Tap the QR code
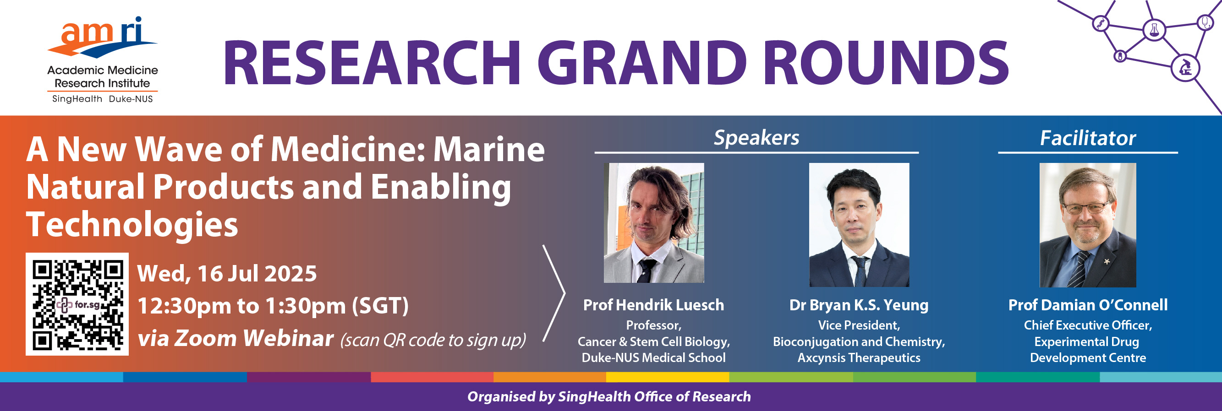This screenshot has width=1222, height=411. pos(77,304)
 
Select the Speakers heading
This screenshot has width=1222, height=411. pos(756,138)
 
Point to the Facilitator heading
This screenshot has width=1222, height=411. pos(1088,138)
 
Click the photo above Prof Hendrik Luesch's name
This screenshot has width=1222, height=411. pos(654,223)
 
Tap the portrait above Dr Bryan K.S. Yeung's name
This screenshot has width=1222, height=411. pos(859,225)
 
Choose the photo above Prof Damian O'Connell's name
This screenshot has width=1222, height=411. pos(1088,225)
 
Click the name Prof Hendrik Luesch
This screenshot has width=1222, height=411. pos(654,305)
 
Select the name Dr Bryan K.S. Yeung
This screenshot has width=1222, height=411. pos(859,305)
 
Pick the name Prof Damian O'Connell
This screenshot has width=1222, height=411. pos(1088,305)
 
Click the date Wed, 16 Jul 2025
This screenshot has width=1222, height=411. pos(227,274)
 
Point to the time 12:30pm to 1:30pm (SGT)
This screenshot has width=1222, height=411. pos(273,306)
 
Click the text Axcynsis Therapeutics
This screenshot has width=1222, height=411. pos(859,358)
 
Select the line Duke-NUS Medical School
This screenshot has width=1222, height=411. pos(654,358)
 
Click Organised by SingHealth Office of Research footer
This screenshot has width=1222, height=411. pos(609,396)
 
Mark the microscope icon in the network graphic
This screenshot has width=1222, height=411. pos(1185,68)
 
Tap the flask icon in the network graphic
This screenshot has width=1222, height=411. pos(1154,30)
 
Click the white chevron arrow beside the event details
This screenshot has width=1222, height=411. pos(554,293)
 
